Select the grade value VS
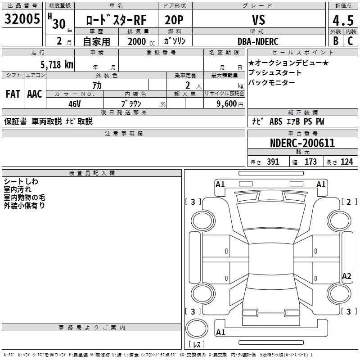tap(259, 20)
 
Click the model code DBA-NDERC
tap(258, 41)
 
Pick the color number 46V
tap(75, 103)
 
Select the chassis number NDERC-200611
tap(302, 143)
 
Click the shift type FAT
tap(13, 94)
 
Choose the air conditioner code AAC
tap(35, 94)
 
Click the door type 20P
tap(175, 20)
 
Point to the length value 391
tap(272, 162)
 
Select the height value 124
tap(346, 162)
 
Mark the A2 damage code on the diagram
tap(346, 276)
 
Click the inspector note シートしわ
tap(21, 181)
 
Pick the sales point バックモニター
tap(271, 82)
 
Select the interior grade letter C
tap(350, 41)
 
